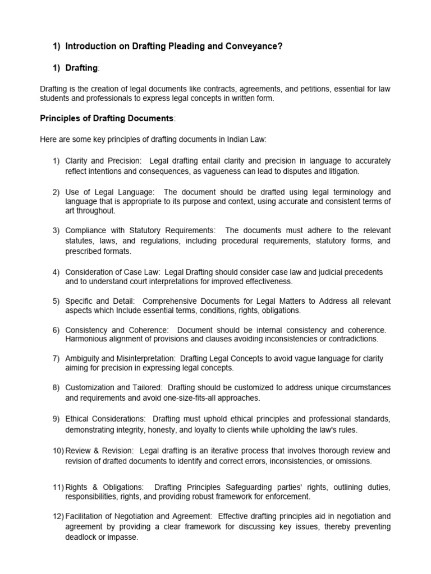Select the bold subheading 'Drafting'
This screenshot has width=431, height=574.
coord(81,68)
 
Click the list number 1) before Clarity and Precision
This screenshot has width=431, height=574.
coord(56,161)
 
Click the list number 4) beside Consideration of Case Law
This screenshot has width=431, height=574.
coord(56,272)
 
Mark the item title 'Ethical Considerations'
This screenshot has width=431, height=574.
coord(105,419)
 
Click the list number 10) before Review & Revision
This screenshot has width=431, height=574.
coord(57,451)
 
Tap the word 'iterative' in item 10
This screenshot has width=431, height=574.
coord(233,451)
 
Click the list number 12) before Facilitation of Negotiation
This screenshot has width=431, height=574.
coord(57,516)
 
